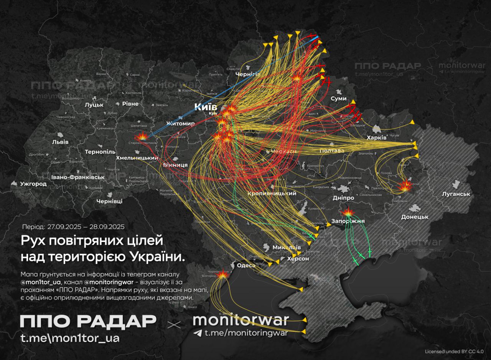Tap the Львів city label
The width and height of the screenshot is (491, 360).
click(x=60, y=142)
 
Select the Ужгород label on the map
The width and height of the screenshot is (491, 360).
click(x=34, y=184)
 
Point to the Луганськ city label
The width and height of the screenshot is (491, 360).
click(x=456, y=194)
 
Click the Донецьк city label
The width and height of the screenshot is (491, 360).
click(x=414, y=217)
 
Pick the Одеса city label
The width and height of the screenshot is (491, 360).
click(x=246, y=265)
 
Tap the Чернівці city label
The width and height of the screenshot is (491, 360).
click(x=109, y=201)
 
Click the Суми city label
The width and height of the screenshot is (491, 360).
click(x=339, y=99)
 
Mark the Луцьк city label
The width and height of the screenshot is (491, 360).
click(x=94, y=104)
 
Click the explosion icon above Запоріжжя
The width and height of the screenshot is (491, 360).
click(x=348, y=212)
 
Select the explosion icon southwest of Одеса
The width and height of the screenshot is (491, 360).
click(x=222, y=274)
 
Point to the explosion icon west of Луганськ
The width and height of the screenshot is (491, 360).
click(x=405, y=187)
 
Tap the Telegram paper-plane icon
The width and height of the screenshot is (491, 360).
click(x=198, y=333)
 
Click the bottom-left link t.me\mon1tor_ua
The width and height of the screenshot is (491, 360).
click(x=70, y=338)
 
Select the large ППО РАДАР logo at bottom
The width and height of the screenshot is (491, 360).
click(x=88, y=321)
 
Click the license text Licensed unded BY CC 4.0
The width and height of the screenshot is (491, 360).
click(x=454, y=351)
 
